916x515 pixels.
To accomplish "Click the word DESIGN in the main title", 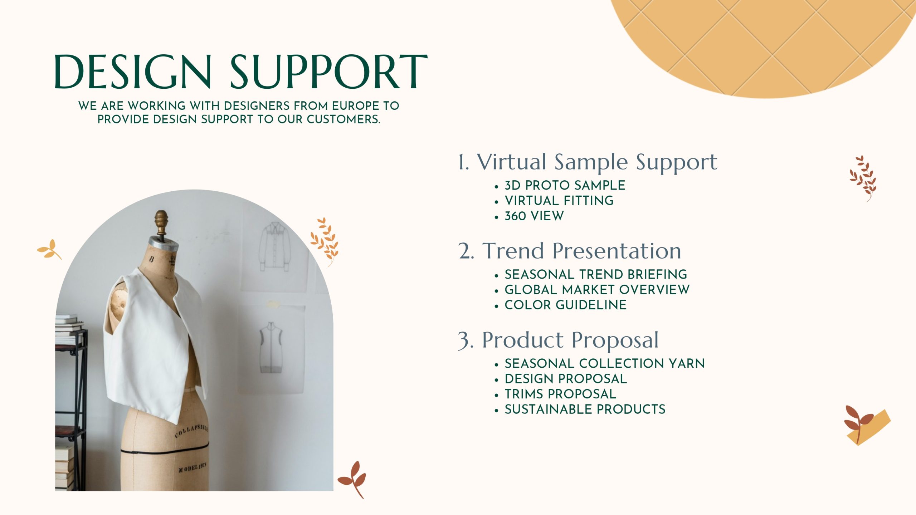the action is click(132, 72).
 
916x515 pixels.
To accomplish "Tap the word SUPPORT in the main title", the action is click(329, 72).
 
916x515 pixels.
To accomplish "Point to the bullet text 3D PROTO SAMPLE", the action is click(565, 185).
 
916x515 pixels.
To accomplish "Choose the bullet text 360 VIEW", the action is click(534, 216).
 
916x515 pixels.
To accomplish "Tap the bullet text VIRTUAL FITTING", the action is click(559, 201).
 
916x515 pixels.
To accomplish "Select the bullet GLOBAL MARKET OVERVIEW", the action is click(597, 290).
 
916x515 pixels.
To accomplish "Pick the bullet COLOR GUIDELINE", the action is click(566, 305).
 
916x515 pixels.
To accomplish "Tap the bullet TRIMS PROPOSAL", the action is click(560, 394).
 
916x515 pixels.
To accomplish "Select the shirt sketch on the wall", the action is click(275, 247).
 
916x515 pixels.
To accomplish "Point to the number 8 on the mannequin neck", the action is click(152, 259).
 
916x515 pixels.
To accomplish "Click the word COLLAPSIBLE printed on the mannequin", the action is click(191, 431).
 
